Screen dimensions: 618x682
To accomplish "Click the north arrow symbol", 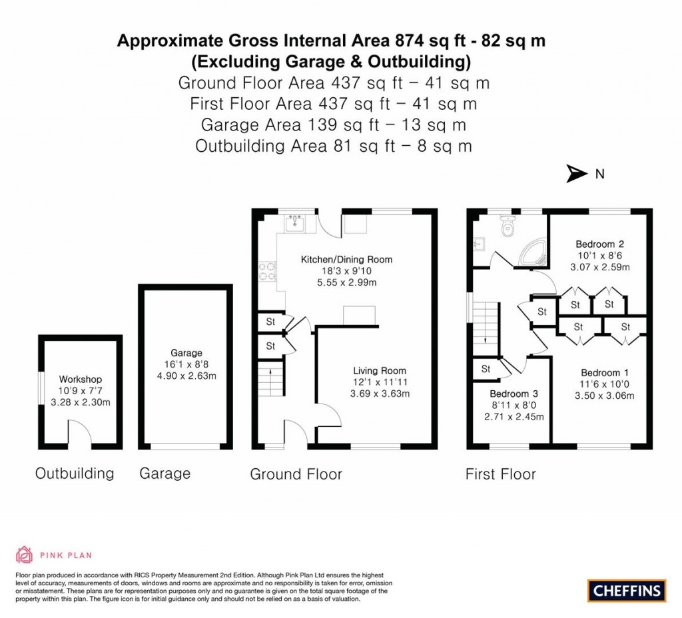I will pos(575,174).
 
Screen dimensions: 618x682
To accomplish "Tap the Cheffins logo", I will pos(627,590).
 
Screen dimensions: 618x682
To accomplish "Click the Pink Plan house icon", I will pos(24,554).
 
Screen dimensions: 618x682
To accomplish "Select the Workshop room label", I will pos(81,380).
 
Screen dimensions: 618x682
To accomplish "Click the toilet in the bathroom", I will pos(510,228).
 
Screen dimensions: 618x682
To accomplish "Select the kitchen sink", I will pos(295,224).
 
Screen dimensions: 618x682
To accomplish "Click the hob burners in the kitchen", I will pos(264,274).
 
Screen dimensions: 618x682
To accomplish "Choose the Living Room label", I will pos(379,371).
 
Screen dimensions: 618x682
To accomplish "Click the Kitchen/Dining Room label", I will pos(346,259).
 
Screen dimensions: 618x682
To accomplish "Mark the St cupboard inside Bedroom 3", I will pos(486,368).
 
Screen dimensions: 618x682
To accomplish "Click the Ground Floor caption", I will pos(296,474).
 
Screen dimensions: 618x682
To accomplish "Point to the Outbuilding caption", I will pos(75,473).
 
